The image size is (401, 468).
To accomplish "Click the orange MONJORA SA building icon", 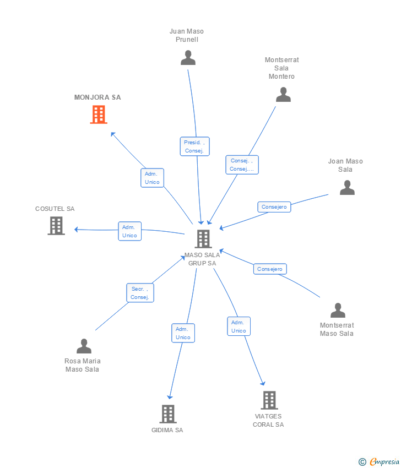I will click(99, 115).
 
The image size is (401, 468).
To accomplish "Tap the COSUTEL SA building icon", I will click(56, 226).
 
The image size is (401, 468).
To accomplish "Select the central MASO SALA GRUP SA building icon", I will click(203, 238).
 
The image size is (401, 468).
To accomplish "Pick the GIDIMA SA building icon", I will click(168, 413).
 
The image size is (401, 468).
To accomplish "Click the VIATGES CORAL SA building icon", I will click(269, 400).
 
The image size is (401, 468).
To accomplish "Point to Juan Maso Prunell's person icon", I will click(188, 58).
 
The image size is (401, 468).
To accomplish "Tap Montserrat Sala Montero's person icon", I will click(283, 95).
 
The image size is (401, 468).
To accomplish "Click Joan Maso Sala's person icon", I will click(347, 188).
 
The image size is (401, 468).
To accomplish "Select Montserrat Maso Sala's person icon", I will click(338, 311).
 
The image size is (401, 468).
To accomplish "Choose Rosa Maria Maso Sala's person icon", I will click(84, 346).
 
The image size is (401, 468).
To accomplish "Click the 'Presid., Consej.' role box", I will click(195, 146).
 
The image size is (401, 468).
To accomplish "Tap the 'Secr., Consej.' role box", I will click(140, 293).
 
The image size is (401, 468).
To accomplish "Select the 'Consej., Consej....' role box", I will click(242, 165).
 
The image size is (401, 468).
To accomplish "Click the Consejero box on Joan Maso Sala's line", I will click(274, 207).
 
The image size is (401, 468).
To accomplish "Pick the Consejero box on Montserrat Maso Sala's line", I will click(270, 269).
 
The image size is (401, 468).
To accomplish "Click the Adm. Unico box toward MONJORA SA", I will click(152, 178).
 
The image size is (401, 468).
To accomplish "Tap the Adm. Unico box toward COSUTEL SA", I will click(129, 231).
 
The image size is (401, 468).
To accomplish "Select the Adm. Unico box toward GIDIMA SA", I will click(183, 333).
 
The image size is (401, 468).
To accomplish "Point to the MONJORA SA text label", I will click(97, 97).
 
